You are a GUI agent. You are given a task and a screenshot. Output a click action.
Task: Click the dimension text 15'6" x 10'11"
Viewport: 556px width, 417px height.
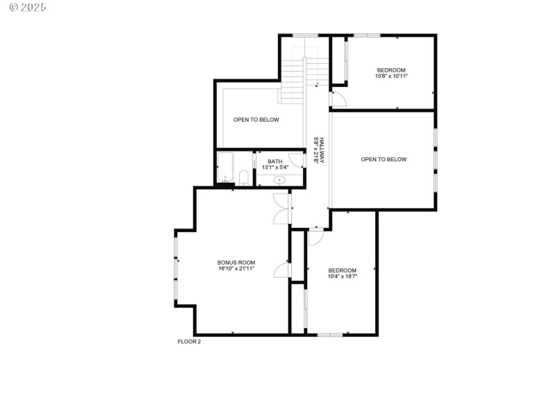tap(391, 76)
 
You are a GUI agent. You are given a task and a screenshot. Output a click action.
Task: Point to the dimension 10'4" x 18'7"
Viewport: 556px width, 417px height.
tap(342, 276)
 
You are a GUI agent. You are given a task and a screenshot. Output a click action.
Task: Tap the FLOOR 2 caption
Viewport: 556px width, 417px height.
tap(190, 341)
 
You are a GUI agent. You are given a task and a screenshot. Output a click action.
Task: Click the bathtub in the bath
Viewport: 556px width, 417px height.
tap(225, 169)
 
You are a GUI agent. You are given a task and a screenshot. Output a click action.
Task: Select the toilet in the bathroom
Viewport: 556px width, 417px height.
tap(243, 178)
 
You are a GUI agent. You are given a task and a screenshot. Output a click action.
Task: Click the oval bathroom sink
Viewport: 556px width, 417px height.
tap(279, 180)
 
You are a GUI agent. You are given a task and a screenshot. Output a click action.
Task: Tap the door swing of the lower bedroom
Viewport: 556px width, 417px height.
tap(314, 236)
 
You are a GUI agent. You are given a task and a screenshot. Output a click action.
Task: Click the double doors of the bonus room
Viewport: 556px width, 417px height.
tap(281, 208)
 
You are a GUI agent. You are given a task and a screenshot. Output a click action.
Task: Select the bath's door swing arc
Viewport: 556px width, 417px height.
tap(297, 160)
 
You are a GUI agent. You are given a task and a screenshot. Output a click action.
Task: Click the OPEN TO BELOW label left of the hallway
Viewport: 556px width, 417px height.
tap(256, 120)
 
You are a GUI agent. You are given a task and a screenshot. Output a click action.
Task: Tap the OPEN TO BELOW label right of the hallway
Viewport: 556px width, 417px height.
tap(384, 159)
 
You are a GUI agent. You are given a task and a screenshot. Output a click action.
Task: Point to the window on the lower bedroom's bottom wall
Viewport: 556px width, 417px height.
tap(330, 335)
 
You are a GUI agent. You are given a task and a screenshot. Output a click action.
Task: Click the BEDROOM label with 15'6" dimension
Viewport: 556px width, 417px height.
tap(391, 69)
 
